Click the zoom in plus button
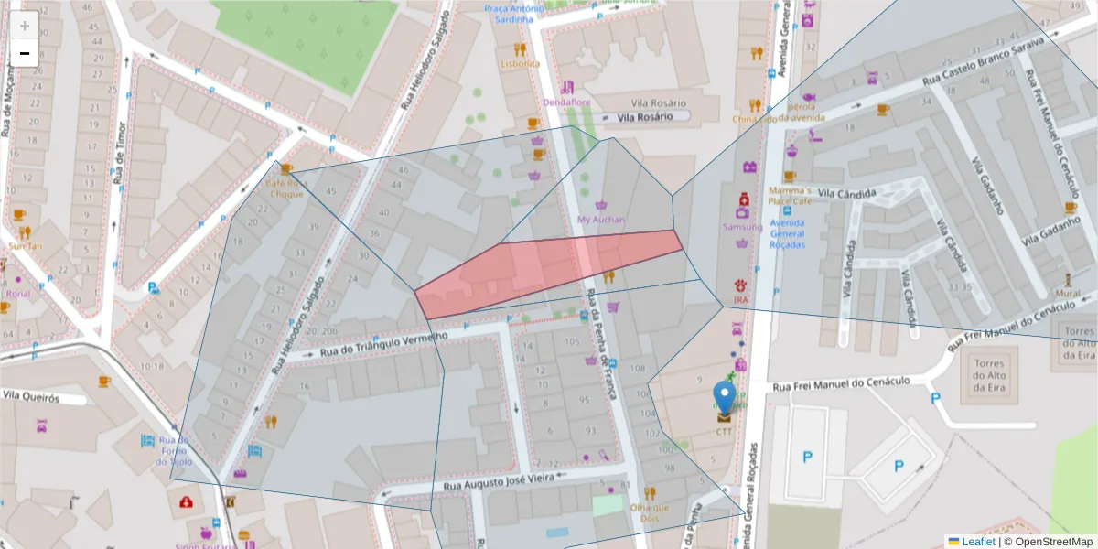pos(25,26)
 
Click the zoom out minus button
pos(25,53)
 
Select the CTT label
pos(724,431)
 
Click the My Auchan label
pos(601,220)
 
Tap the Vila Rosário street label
pos(644,117)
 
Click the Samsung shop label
pos(742,227)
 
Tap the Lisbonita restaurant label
pos(520,64)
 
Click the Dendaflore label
pos(566,102)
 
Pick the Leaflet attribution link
pos(977,542)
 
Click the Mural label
pos(1067,294)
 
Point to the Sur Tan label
pos(25,246)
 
